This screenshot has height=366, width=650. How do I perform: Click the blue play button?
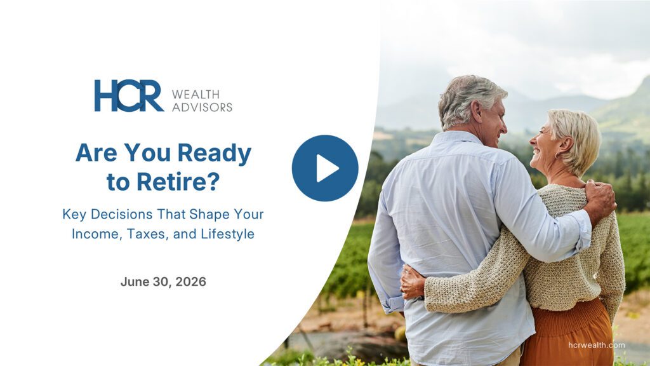coord(325,168)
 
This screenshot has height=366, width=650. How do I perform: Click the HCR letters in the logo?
coord(129,96)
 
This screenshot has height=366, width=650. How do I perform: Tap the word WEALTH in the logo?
coord(196,94)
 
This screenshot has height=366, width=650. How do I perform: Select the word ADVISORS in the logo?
coord(202,107)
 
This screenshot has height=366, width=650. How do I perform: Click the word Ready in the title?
coord(215,154)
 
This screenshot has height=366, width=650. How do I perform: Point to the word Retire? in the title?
coord(178,182)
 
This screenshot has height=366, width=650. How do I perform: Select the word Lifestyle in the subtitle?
coord(228,234)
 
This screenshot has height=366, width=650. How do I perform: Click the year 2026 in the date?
coord(190,281)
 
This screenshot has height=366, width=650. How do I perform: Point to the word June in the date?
coord(135,281)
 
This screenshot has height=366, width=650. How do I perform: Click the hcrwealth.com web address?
coord(597,345)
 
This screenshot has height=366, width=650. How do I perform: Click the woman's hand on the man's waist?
coord(413,282)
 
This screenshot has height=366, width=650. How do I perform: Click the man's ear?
coord(476,112)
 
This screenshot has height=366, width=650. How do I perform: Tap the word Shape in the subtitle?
coord(209,215)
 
